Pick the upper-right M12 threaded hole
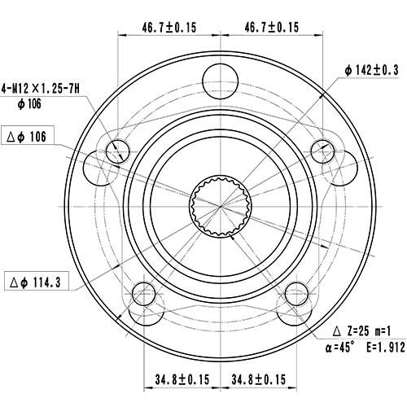pyautogui.click(x=323, y=150)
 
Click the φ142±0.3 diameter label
pyautogui.click(x=371, y=71)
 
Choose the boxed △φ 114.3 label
pyautogui.click(x=37, y=282)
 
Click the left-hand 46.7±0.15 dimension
pyautogui.click(x=169, y=27)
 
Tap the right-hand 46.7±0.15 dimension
pyautogui.click(x=272, y=27)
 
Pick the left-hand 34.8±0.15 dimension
pyautogui.click(x=182, y=379)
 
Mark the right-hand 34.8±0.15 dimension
pyautogui.click(x=258, y=379)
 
